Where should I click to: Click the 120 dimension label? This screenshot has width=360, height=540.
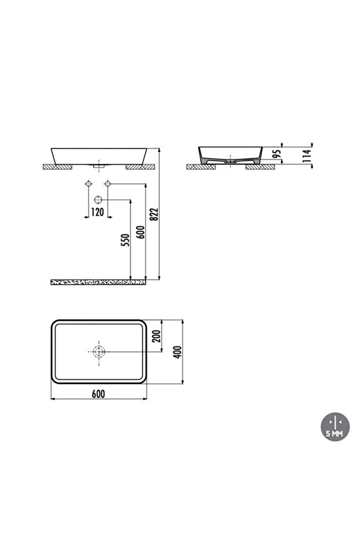pyautogui.click(x=97, y=212)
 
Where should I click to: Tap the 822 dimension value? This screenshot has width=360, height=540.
pyautogui.click(x=154, y=215)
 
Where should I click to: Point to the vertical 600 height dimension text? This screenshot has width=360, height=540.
pyautogui.click(x=140, y=232)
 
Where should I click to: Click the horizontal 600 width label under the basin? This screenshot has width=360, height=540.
pyautogui.click(x=97, y=393)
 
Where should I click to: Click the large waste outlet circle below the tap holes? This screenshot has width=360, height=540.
pyautogui.click(x=98, y=200)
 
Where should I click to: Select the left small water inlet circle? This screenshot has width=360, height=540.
pyautogui.click(x=88, y=184)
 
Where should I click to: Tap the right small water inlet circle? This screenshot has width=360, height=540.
pyautogui.click(x=107, y=184)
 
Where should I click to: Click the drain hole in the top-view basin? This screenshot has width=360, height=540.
pyautogui.click(x=98, y=351)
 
